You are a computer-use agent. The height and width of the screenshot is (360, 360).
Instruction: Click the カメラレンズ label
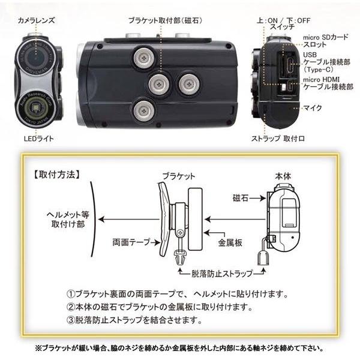coord(37,20)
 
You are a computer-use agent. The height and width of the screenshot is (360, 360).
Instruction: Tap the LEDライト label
coord(37,139)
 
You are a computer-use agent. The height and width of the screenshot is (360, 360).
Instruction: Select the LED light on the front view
coord(38,109)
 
